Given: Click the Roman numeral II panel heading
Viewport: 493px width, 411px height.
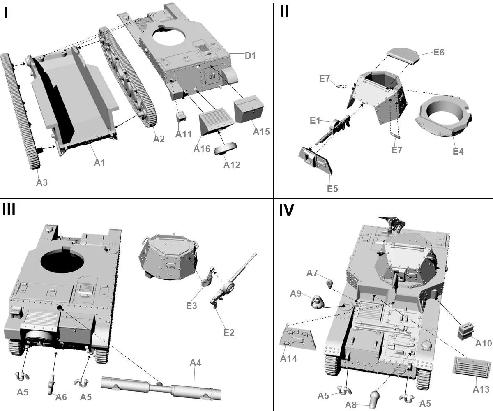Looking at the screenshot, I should (284, 12).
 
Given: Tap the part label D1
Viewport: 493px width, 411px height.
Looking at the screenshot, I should (251, 55).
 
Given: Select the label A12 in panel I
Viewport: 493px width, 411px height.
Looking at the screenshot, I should (232, 165).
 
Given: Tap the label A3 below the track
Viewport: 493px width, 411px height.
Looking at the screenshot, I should (42, 182).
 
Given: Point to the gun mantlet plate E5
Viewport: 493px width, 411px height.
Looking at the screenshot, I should (316, 160).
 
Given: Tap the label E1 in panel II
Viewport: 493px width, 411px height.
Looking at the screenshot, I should (315, 121).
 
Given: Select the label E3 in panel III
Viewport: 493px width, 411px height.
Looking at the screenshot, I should (192, 305).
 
